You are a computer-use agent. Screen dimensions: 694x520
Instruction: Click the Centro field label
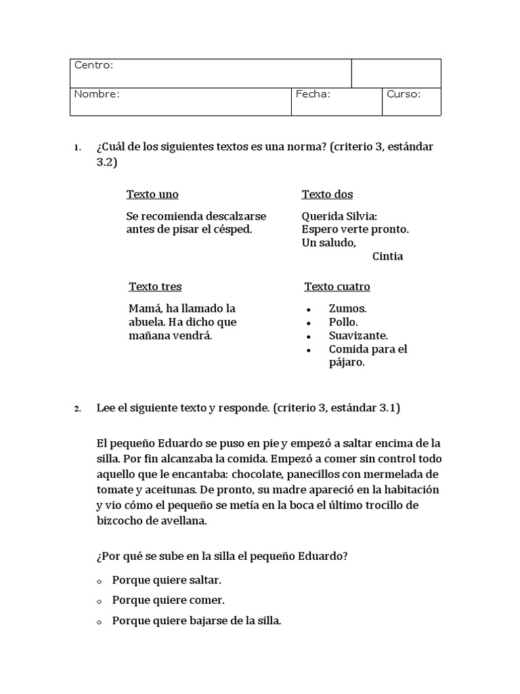[93, 65]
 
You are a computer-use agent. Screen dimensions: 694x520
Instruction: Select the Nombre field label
[97, 94]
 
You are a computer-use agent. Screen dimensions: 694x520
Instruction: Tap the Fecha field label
[313, 94]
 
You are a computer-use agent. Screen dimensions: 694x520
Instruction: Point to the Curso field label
[404, 94]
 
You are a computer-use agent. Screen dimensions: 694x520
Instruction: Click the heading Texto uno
[152, 195]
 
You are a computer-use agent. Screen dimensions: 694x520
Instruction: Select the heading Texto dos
[327, 195]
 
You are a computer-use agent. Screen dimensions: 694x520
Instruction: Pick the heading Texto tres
[155, 287]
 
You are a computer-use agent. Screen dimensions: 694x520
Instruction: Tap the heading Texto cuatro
[337, 287]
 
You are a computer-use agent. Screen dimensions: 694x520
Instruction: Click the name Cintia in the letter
[387, 256]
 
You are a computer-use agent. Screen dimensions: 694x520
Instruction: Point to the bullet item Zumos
[347, 308]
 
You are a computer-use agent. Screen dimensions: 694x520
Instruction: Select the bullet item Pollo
[343, 322]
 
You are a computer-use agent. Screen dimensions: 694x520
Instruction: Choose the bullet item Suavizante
[358, 335]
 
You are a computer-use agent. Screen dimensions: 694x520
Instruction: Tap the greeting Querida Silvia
[339, 216]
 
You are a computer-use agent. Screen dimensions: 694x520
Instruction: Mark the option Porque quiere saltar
[167, 580]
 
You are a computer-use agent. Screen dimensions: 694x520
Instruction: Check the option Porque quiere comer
[168, 600]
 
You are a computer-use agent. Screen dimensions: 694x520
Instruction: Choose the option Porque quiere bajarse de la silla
[196, 620]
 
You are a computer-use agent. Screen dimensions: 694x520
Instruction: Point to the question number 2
[78, 409]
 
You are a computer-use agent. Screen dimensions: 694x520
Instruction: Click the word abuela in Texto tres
[147, 322]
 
